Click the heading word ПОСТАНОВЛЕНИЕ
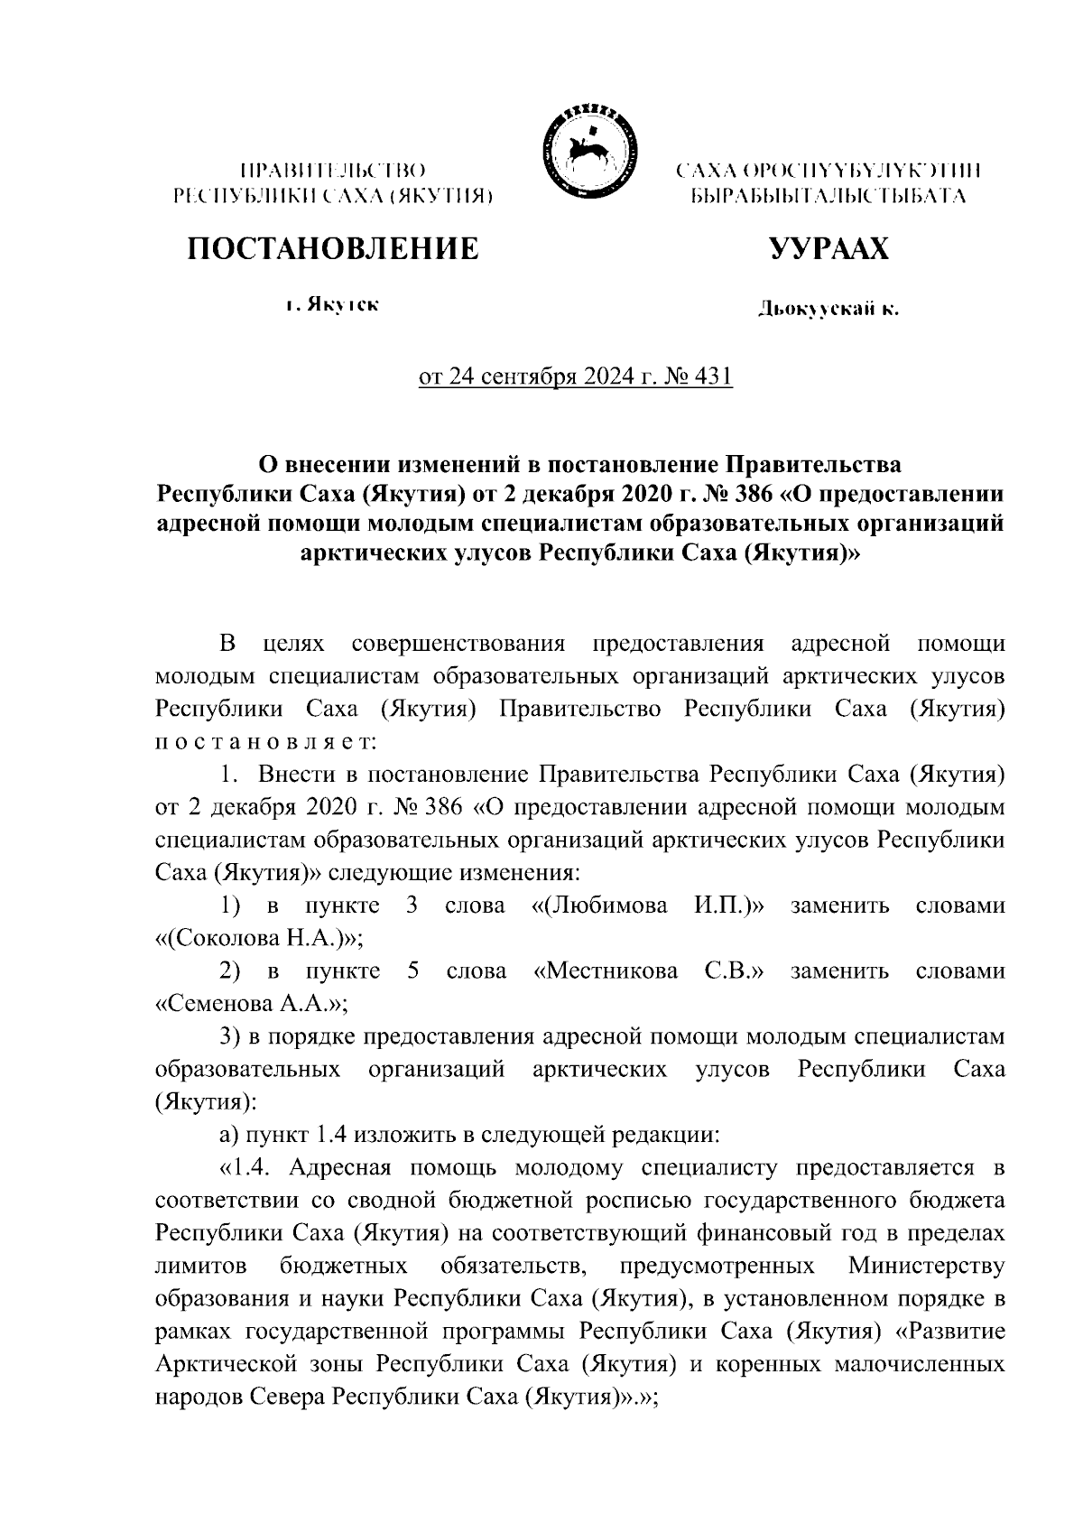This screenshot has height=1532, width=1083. click(x=333, y=248)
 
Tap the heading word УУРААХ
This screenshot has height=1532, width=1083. click(x=828, y=248)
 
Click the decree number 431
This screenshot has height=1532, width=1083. click(x=712, y=376)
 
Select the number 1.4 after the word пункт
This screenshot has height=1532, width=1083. click(x=335, y=1135)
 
